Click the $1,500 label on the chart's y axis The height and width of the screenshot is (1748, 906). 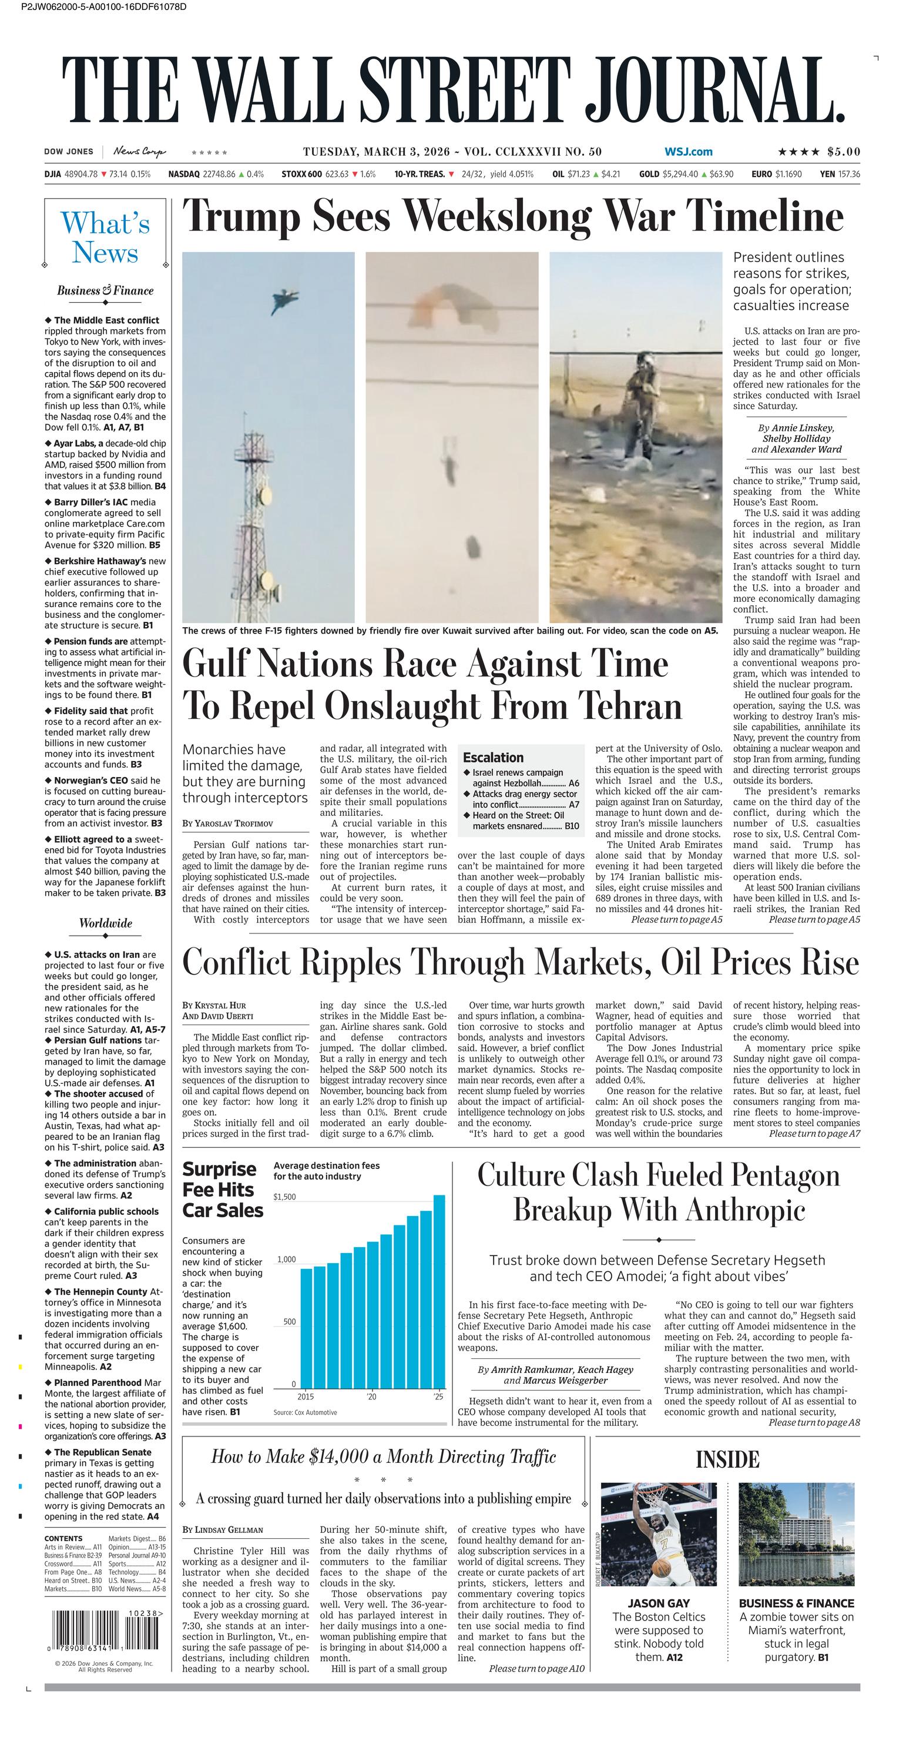point(285,1197)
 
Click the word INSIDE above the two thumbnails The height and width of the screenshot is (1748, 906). point(727,1459)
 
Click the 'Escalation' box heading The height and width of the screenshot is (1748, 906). point(493,757)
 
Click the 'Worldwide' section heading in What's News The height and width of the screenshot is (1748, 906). point(105,923)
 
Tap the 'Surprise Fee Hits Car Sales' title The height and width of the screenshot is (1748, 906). point(223,1190)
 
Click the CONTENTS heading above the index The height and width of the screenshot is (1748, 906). point(63,1538)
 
